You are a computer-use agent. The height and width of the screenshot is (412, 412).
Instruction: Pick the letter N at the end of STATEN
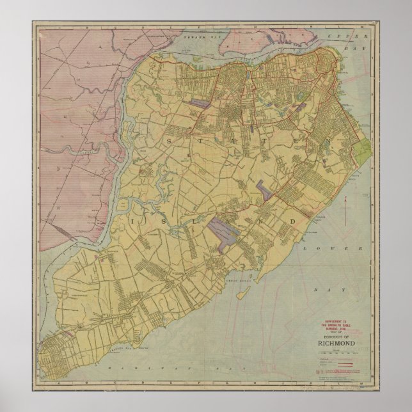point(328,139)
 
